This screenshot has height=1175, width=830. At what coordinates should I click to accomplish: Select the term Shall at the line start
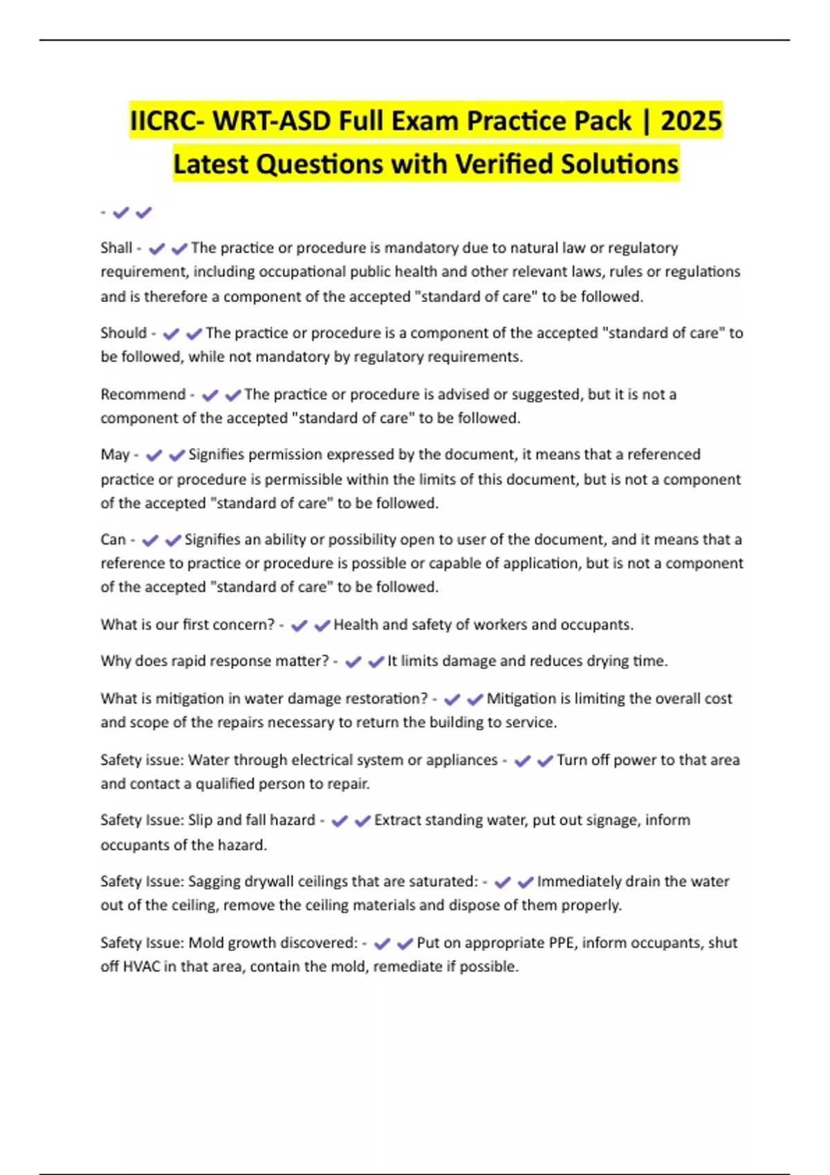[x=116, y=247]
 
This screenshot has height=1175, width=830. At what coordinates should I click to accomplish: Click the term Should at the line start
[x=124, y=332]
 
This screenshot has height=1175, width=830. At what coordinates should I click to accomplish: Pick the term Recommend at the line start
[x=143, y=394]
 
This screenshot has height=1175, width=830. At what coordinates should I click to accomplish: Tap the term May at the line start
[x=115, y=454]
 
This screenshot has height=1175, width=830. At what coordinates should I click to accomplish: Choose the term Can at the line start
[x=113, y=539]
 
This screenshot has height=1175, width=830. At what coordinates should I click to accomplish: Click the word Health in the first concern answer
[x=356, y=624]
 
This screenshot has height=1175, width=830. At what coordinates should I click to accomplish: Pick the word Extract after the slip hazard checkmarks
[x=398, y=820]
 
